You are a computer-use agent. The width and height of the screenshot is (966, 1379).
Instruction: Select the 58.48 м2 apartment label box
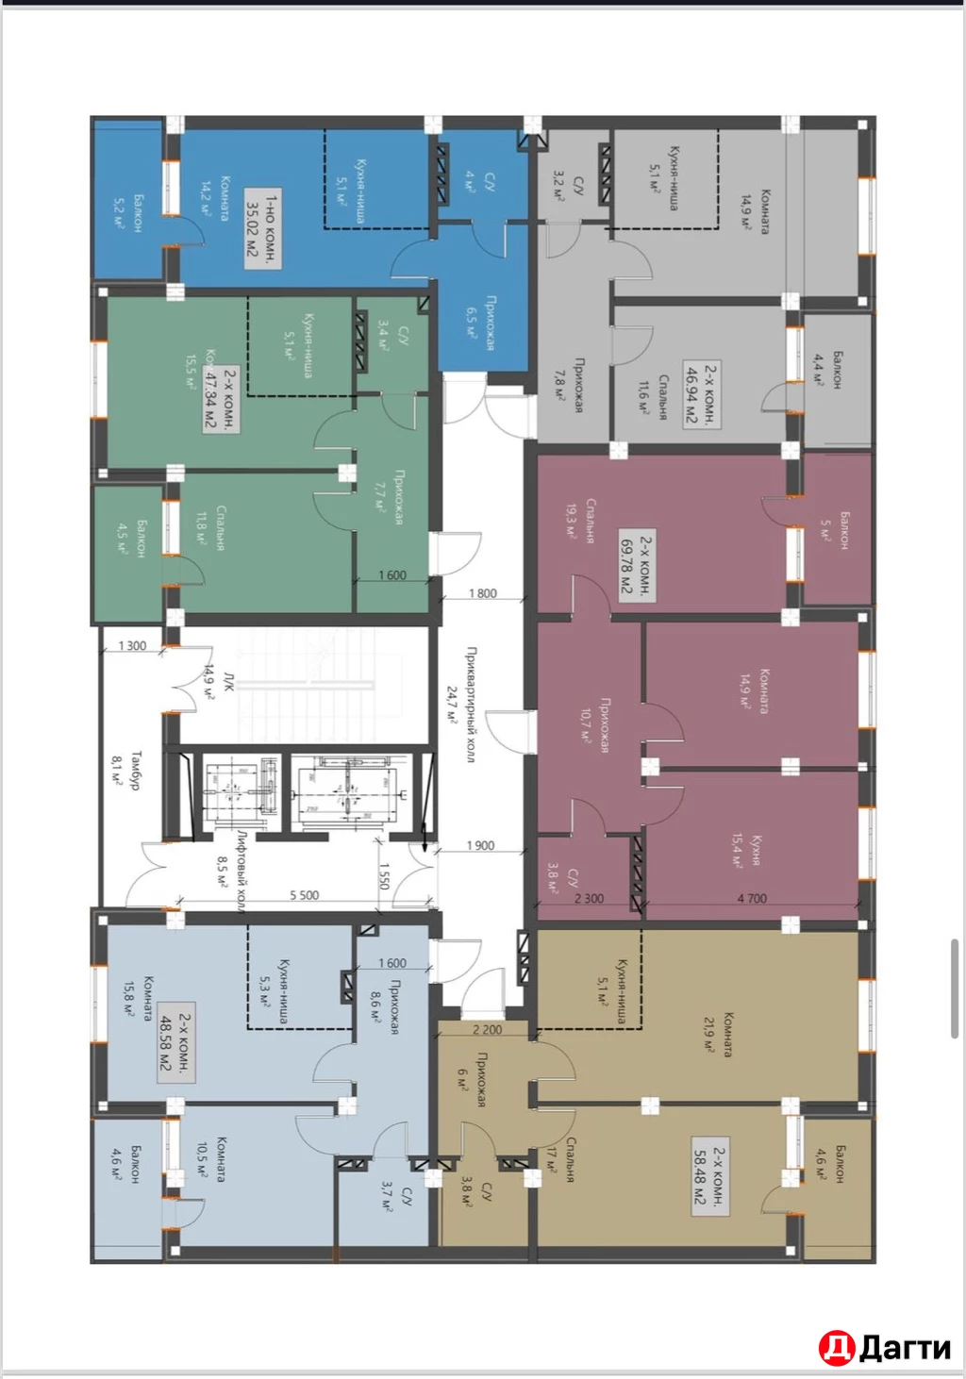(709, 1175)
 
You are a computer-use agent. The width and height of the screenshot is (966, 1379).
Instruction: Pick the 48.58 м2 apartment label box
(175, 1042)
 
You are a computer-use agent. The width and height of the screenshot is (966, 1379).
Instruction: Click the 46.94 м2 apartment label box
(701, 394)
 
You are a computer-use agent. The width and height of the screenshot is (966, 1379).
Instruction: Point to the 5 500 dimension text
(304, 895)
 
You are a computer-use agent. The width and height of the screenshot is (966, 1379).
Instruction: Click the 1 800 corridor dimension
(482, 593)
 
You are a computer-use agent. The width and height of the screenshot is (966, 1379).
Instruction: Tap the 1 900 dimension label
(480, 845)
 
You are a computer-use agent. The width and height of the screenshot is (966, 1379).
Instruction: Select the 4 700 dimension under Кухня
(751, 898)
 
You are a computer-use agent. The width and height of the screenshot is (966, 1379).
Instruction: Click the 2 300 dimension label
(589, 898)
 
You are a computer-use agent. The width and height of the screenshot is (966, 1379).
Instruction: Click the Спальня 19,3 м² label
(580, 520)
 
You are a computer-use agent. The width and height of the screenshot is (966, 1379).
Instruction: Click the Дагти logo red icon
(836, 1348)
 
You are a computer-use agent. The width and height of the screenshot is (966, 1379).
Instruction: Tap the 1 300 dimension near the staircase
(132, 646)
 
